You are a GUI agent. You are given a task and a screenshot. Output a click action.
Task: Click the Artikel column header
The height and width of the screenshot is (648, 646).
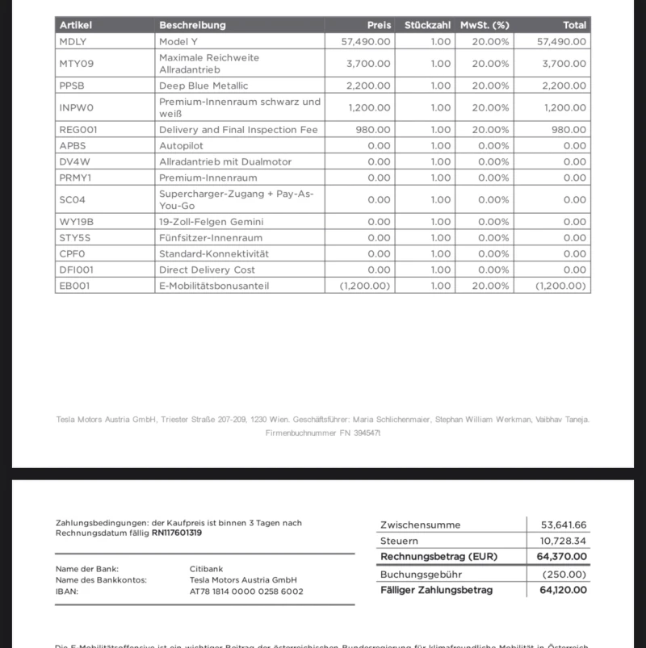point(76,25)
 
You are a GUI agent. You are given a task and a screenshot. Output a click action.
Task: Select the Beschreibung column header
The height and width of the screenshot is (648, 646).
point(192,25)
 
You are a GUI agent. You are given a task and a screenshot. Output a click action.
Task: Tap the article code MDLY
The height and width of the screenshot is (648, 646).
point(73,40)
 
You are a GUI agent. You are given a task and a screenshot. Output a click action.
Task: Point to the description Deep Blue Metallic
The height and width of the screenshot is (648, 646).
point(203,86)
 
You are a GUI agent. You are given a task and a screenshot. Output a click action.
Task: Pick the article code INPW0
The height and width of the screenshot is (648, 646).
point(76,107)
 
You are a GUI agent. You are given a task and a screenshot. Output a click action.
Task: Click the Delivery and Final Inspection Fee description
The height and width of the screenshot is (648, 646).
point(238,129)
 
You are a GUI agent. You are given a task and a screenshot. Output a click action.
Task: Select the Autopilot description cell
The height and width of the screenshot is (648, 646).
point(181,145)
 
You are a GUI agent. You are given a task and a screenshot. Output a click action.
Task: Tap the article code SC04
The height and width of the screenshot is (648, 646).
point(72,199)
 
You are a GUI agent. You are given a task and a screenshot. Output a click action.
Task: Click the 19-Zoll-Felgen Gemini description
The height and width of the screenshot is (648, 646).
point(211,221)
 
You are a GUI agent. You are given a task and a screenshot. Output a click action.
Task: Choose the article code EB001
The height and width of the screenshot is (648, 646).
point(74,286)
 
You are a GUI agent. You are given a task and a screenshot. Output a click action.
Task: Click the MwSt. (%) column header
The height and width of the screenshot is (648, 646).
point(484,25)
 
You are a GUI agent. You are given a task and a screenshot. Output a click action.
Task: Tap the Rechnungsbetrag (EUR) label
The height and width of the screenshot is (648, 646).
point(438,557)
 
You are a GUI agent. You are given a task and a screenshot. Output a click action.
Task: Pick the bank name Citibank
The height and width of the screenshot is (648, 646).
point(208,568)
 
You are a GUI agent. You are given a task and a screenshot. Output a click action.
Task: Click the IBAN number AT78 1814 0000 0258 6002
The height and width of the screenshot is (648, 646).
point(246,592)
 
